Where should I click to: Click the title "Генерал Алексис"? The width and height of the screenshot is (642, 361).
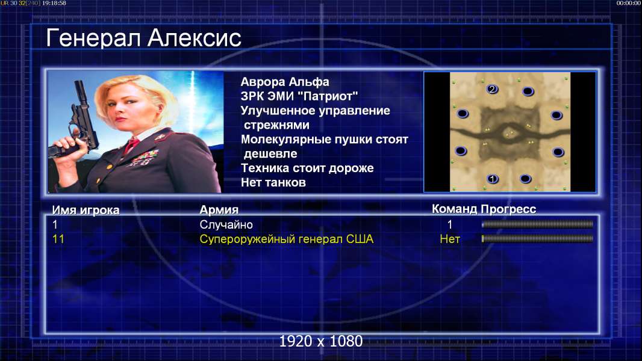143,38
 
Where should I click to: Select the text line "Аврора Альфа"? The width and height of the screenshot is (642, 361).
284,82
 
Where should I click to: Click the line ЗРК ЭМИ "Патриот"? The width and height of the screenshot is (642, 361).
299,96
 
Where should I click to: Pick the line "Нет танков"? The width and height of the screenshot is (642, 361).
273,182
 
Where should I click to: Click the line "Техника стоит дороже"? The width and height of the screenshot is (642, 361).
307,168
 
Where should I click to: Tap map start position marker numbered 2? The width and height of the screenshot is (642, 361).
492,89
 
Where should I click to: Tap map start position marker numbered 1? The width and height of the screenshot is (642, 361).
493,179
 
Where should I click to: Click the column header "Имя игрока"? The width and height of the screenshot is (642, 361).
86,210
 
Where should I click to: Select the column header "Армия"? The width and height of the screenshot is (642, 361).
219,210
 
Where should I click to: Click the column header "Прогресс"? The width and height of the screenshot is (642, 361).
508,209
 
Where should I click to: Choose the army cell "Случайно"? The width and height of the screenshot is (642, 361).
226,224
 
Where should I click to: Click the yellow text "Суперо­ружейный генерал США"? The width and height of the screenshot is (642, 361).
286,239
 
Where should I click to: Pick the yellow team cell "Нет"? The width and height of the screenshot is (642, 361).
449,239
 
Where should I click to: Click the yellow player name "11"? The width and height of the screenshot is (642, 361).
58,239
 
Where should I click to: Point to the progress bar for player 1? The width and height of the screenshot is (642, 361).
537,224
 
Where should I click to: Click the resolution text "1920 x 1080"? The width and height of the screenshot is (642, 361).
321,341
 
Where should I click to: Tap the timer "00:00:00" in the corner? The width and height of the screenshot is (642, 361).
629,3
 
